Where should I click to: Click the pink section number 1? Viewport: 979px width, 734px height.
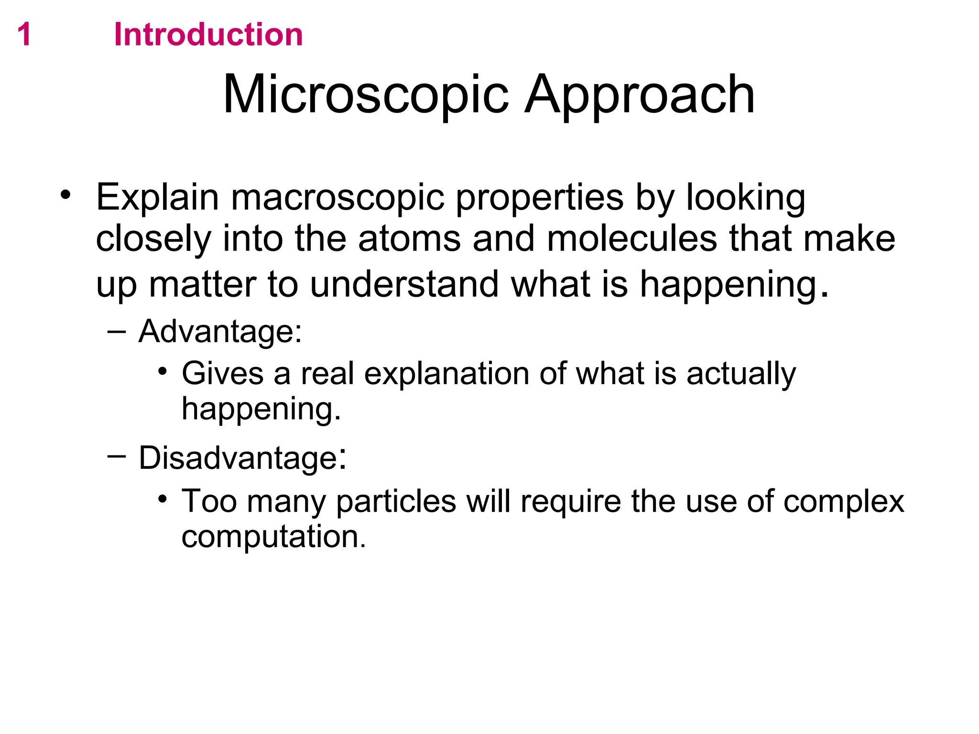[x=24, y=35]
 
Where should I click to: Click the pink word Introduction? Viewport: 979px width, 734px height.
[x=208, y=35]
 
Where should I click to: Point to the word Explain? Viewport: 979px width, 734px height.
[x=157, y=197]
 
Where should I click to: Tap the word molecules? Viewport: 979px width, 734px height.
[x=631, y=238]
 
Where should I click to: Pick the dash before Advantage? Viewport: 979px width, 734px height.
[x=117, y=331]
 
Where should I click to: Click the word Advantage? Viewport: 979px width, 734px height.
[x=220, y=331]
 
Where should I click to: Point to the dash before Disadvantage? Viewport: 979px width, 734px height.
[x=117, y=456]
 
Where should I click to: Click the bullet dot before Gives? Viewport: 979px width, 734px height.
[x=163, y=371]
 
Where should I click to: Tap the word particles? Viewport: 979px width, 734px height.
[x=396, y=501]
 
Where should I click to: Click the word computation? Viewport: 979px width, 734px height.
[x=273, y=537]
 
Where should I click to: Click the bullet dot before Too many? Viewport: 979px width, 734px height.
[x=163, y=499]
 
